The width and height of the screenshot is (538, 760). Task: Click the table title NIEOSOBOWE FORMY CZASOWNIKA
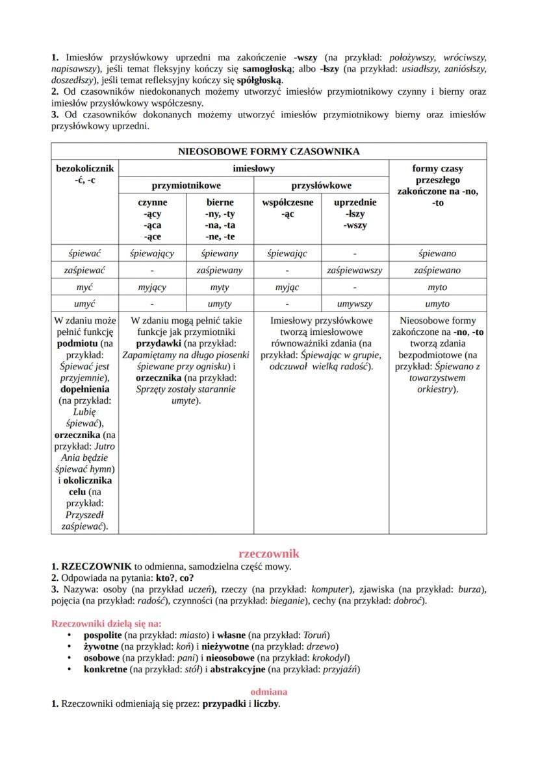point(268,151)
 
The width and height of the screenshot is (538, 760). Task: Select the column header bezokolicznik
point(84,169)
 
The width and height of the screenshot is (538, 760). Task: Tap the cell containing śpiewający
point(151,253)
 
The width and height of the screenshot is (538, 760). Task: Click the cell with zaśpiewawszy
point(355,270)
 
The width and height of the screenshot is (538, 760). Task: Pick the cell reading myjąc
point(287,287)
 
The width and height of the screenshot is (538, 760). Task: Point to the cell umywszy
point(355,304)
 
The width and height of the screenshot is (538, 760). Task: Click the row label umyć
point(84,304)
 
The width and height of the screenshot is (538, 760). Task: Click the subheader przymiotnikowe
point(185,185)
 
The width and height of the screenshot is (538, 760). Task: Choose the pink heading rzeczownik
point(268,553)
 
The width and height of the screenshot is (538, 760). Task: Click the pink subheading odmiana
point(268,692)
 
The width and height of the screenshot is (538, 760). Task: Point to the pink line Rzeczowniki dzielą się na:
point(106,623)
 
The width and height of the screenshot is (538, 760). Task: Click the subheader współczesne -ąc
point(287,208)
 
